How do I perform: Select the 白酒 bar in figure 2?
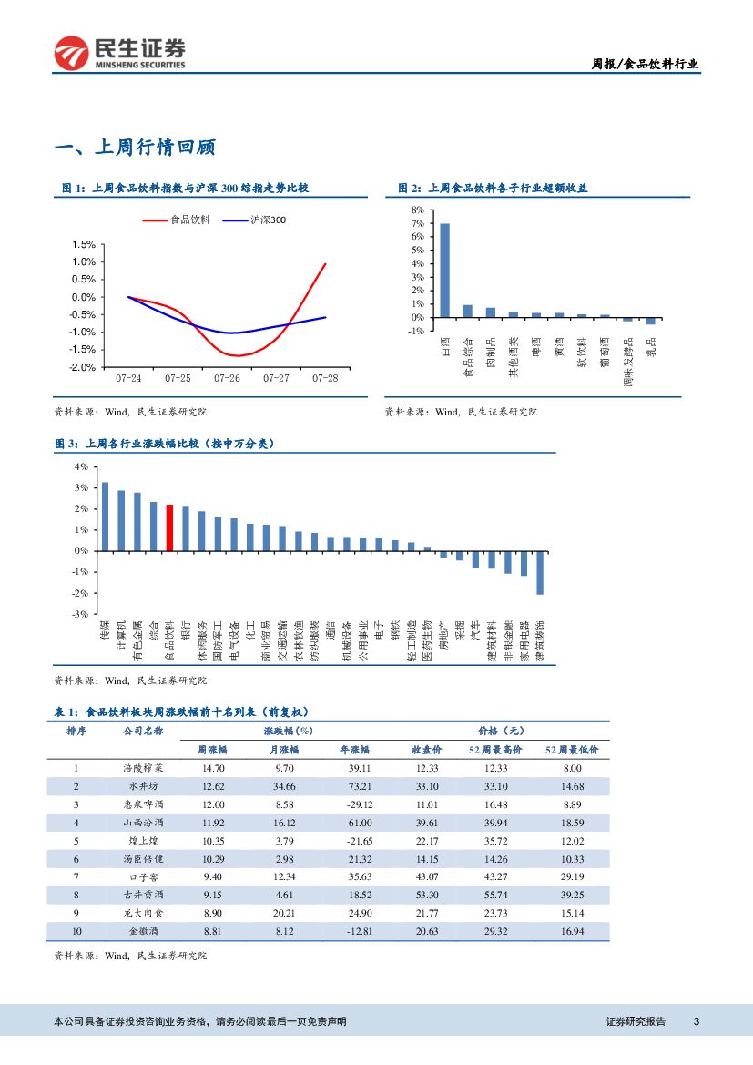444,271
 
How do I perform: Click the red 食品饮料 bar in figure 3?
169,527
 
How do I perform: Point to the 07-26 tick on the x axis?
227,377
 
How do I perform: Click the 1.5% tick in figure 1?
83,244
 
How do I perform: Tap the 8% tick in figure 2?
418,210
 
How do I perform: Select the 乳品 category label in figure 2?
651,346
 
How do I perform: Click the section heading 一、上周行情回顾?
134,148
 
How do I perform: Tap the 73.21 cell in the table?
355,786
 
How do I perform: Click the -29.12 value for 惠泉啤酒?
355,804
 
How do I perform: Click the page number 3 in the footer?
696,1021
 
